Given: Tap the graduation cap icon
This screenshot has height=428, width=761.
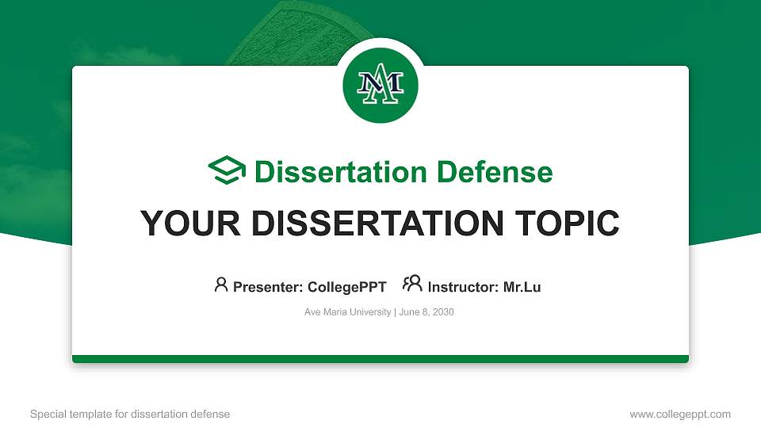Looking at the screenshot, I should [x=227, y=171].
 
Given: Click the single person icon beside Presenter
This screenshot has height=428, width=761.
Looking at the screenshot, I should [x=221, y=285].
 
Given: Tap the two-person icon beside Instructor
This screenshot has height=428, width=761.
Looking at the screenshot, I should [x=412, y=284].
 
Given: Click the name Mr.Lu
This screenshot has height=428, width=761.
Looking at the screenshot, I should [x=522, y=287].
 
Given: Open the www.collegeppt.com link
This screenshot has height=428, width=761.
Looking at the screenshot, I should [x=680, y=414].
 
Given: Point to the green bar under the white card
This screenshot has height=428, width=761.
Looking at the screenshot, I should [x=380, y=359].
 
